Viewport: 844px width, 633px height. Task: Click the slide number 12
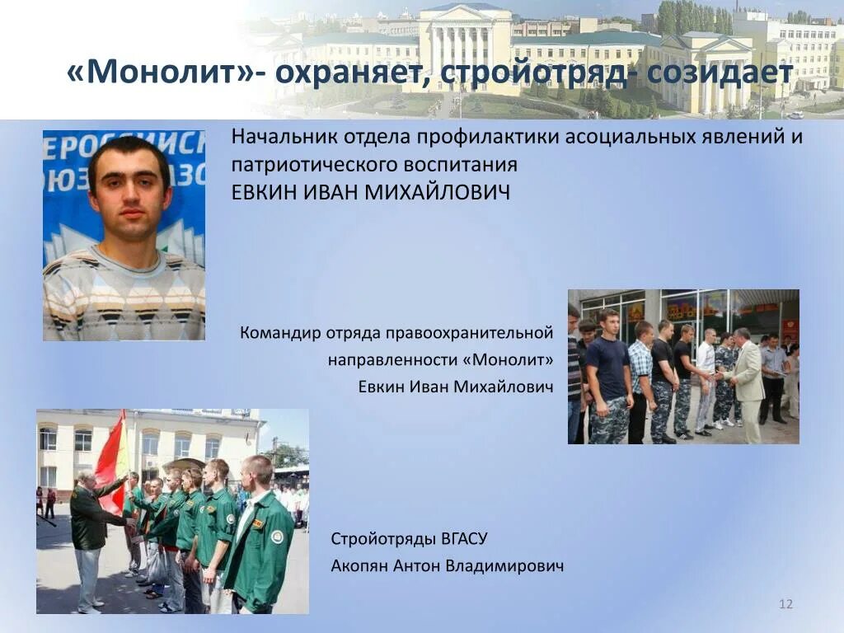[x=785, y=605]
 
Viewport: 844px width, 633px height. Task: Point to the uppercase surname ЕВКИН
[x=266, y=193]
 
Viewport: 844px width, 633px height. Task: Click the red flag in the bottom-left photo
[x=111, y=457]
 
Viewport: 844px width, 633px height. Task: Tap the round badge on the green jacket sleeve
[x=278, y=537]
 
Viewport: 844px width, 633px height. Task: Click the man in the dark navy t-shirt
[x=610, y=375]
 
